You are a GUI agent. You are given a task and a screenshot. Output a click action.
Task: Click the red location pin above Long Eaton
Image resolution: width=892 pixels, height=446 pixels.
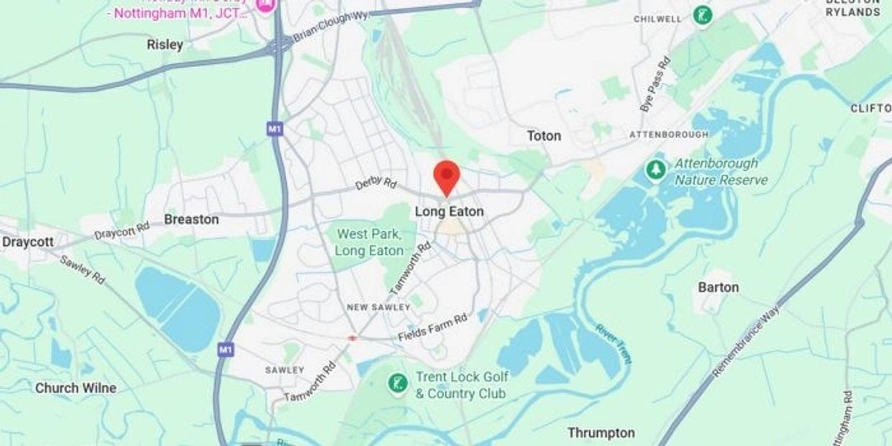pyautogui.click(x=447, y=175)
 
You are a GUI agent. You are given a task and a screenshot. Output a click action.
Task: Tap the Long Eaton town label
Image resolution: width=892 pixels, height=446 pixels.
pyautogui.click(x=449, y=211)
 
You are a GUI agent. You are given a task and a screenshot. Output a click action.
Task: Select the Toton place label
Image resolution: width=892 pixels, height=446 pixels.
pyautogui.click(x=544, y=136)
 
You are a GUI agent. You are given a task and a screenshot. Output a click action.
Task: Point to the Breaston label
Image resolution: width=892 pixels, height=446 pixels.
pyautogui.click(x=191, y=219)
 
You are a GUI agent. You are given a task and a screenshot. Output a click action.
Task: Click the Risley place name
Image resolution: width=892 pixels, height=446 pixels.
pyautogui.click(x=165, y=45)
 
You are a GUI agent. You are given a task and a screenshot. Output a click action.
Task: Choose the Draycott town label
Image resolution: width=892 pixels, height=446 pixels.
pyautogui.click(x=27, y=242)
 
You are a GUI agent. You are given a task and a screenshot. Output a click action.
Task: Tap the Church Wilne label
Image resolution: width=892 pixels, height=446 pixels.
pyautogui.click(x=76, y=388)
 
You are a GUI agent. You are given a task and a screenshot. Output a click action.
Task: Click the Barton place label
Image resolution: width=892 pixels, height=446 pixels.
pyautogui.click(x=718, y=287)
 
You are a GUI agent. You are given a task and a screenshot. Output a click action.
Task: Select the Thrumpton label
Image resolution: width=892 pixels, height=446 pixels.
pyautogui.click(x=601, y=432)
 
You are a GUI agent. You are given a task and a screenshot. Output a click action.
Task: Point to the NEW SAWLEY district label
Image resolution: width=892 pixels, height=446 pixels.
pyautogui.click(x=378, y=307)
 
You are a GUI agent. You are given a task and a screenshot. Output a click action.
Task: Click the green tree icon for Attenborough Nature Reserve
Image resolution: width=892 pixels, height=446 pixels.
pyautogui.click(x=655, y=170)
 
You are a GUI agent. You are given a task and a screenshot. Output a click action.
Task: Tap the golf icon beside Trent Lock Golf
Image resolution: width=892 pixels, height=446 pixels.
pyautogui.click(x=397, y=383)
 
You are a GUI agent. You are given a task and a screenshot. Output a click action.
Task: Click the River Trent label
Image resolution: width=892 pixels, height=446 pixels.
pyautogui.click(x=613, y=344)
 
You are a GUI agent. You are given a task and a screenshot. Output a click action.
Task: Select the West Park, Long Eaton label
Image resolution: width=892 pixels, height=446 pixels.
pyautogui.click(x=369, y=242)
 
